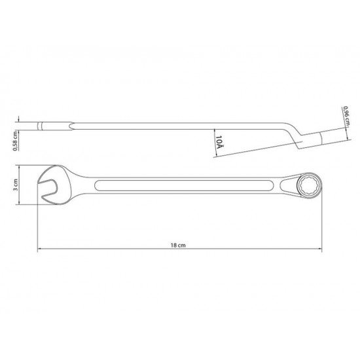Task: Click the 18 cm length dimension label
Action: [178, 245]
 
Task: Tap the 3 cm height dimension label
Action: [16, 185]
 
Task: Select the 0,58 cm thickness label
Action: [15, 141]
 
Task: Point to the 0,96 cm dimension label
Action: [346, 116]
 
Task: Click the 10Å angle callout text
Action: [219, 142]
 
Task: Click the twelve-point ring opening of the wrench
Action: [309, 186]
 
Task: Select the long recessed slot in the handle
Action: [184, 185]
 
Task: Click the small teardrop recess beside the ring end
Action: [288, 185]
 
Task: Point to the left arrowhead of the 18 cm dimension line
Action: [39, 249]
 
